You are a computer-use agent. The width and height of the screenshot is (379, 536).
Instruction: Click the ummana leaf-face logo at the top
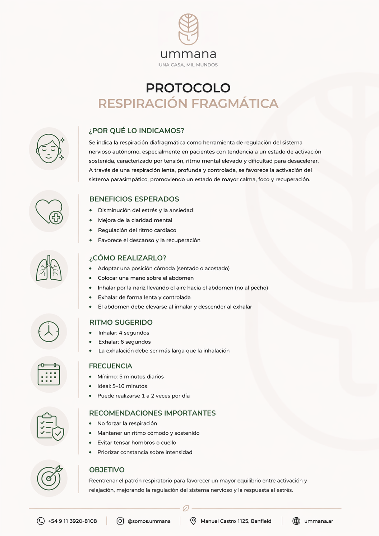point(189,29)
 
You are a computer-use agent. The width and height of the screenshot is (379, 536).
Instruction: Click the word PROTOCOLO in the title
point(188,88)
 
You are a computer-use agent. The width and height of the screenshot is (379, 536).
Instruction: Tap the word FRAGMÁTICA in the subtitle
point(235,104)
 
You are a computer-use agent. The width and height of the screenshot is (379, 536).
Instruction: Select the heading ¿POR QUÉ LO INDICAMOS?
point(137,130)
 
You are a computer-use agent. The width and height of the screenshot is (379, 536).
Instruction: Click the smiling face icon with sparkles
point(49,149)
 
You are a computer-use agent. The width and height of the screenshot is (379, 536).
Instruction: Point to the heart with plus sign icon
point(49,211)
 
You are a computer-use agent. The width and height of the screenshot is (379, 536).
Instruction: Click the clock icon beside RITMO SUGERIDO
point(49,331)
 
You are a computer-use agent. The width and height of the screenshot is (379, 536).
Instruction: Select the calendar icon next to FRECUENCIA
point(49,374)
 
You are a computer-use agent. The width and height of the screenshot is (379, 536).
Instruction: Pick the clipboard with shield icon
point(50,426)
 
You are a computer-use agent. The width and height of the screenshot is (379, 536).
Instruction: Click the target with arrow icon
point(50,478)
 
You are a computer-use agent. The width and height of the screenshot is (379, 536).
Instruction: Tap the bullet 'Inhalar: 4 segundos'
point(124,333)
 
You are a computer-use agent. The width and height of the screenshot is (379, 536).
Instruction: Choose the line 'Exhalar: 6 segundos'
point(124,342)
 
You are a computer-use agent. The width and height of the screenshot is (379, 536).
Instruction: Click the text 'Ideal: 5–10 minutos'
point(122,386)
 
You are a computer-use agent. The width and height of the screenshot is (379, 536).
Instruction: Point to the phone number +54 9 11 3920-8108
point(73,521)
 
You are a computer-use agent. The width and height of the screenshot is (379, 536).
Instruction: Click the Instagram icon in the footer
point(120,521)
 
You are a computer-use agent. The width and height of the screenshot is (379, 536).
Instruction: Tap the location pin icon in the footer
point(193,521)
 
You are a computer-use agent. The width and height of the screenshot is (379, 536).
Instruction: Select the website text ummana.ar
point(319,521)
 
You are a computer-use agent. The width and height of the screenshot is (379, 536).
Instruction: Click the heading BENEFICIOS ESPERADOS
point(134,199)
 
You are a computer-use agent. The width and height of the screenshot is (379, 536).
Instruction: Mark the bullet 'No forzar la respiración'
point(127,423)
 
